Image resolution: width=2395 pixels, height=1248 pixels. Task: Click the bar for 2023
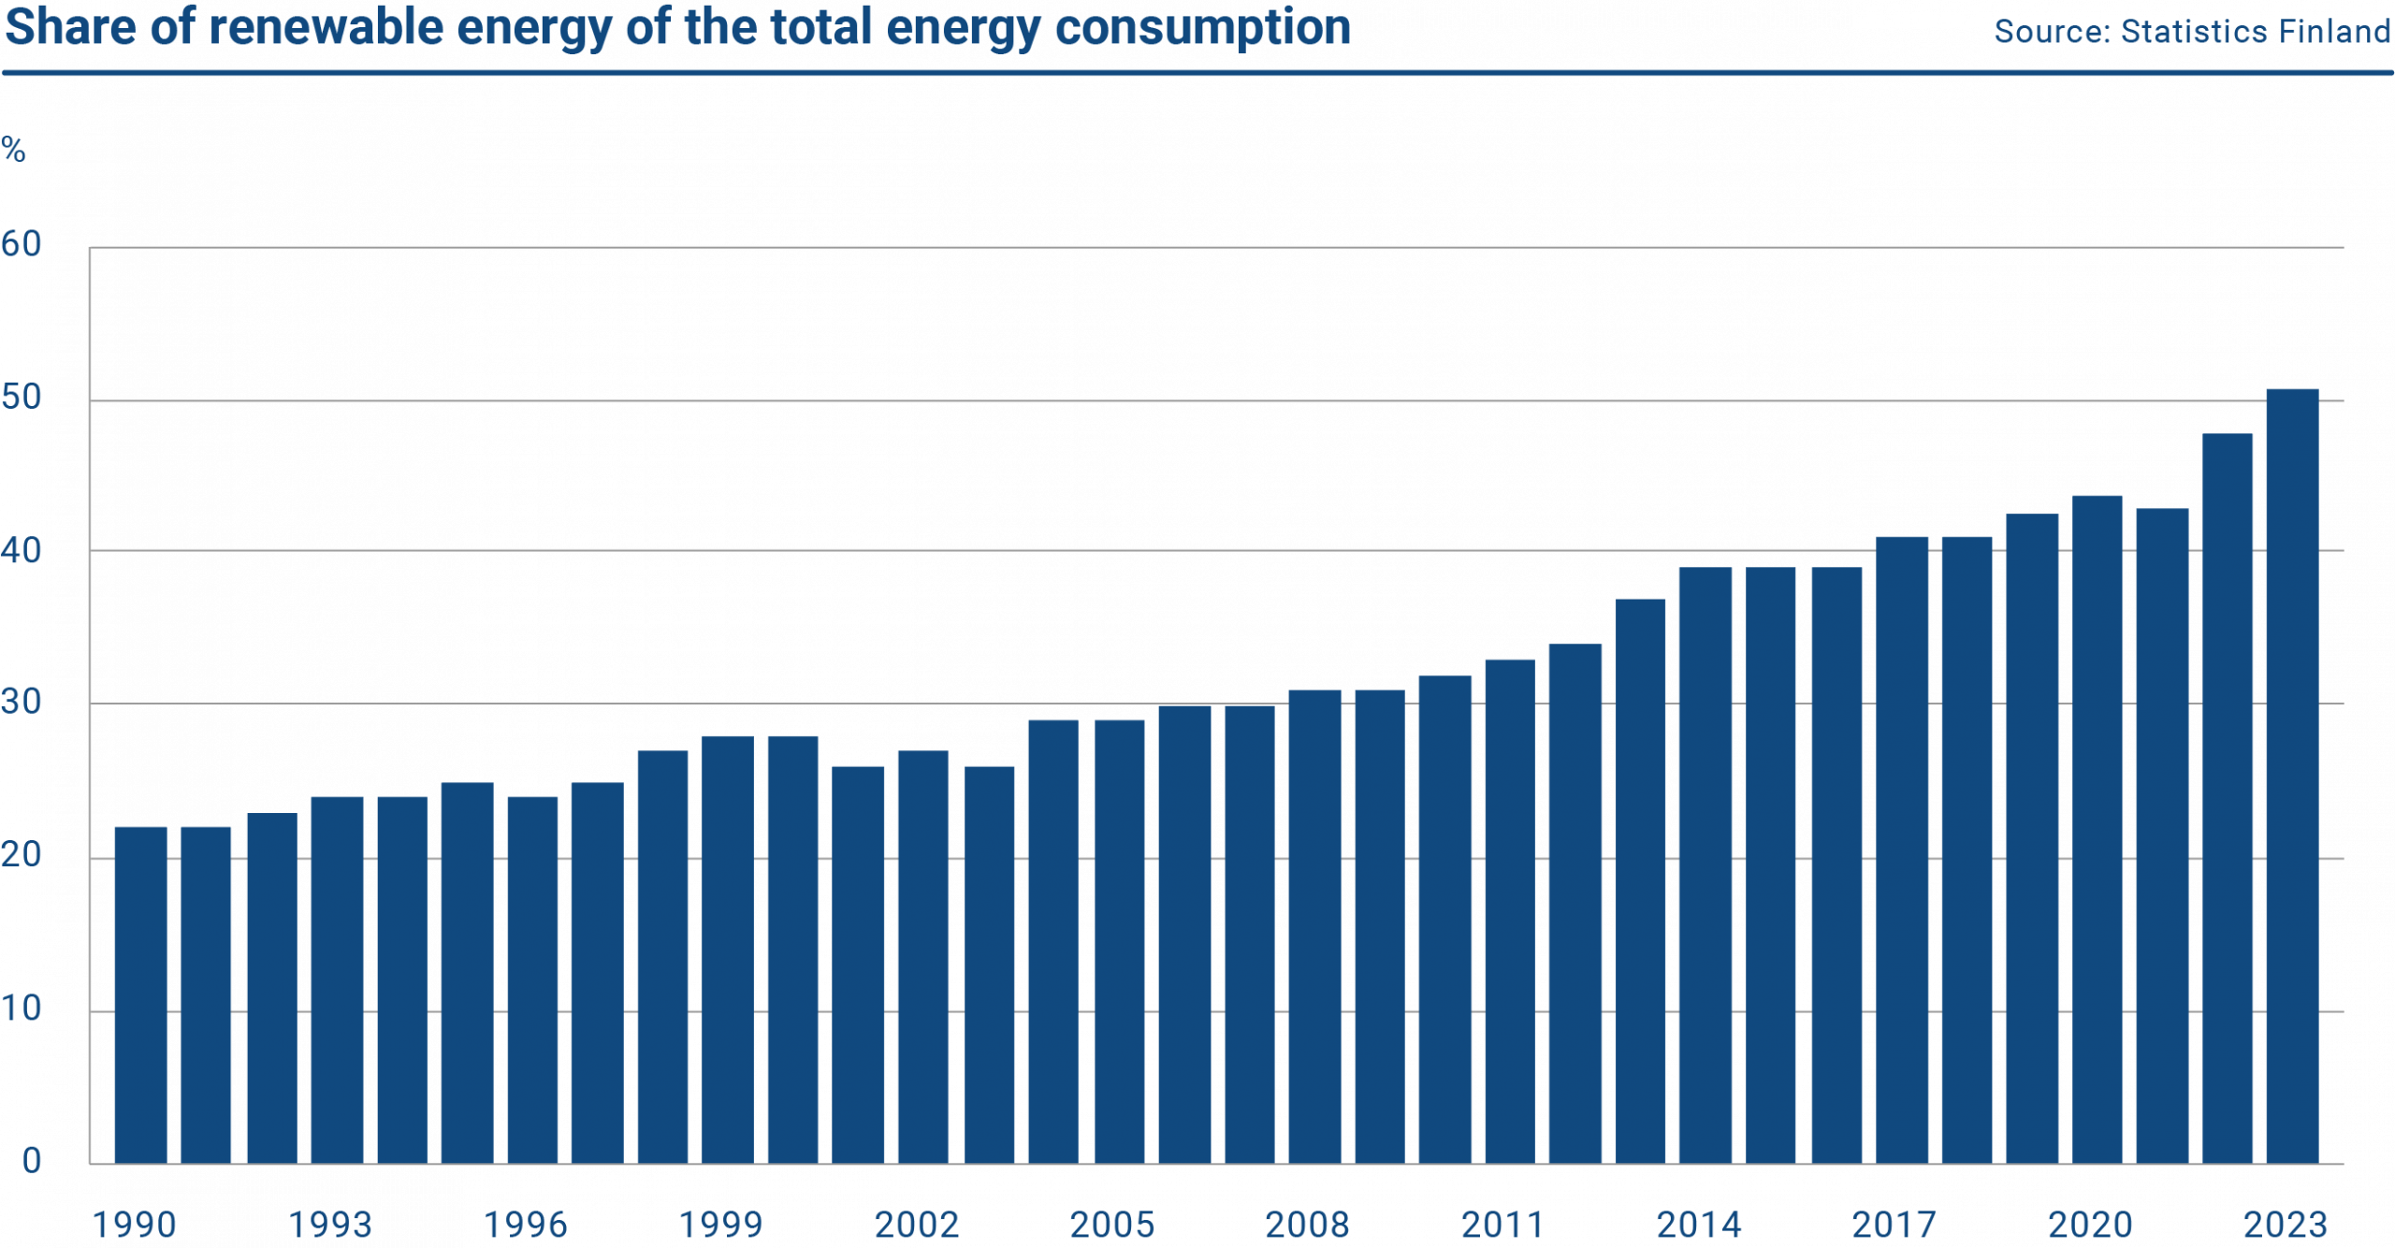[x=2292, y=776]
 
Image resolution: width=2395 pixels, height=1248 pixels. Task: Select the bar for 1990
[x=140, y=995]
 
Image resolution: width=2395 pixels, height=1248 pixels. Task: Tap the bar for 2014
[x=1705, y=865]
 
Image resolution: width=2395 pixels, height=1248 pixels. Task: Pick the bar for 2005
[x=1119, y=942]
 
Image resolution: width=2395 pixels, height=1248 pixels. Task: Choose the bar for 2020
[x=2097, y=830]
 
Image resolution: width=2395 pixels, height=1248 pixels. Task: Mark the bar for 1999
[x=727, y=950]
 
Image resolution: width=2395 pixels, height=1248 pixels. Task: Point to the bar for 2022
[x=2228, y=799]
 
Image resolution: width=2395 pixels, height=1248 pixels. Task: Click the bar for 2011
[x=1509, y=912]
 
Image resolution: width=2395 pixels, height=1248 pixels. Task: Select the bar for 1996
[x=532, y=980]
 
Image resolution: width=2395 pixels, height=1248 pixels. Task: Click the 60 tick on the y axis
[x=22, y=245]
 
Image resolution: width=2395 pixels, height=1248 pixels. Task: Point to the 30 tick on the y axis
[x=22, y=703]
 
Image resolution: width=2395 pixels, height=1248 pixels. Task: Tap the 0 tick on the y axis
[x=32, y=1161]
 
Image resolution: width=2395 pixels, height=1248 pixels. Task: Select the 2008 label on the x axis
[x=1306, y=1225]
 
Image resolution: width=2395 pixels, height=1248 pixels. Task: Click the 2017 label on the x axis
[x=1894, y=1225]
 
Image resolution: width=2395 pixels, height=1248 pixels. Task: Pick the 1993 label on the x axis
[x=329, y=1225]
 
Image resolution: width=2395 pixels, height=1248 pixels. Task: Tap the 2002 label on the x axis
[x=916, y=1225]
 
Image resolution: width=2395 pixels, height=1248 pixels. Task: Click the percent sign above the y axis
[x=13, y=150]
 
